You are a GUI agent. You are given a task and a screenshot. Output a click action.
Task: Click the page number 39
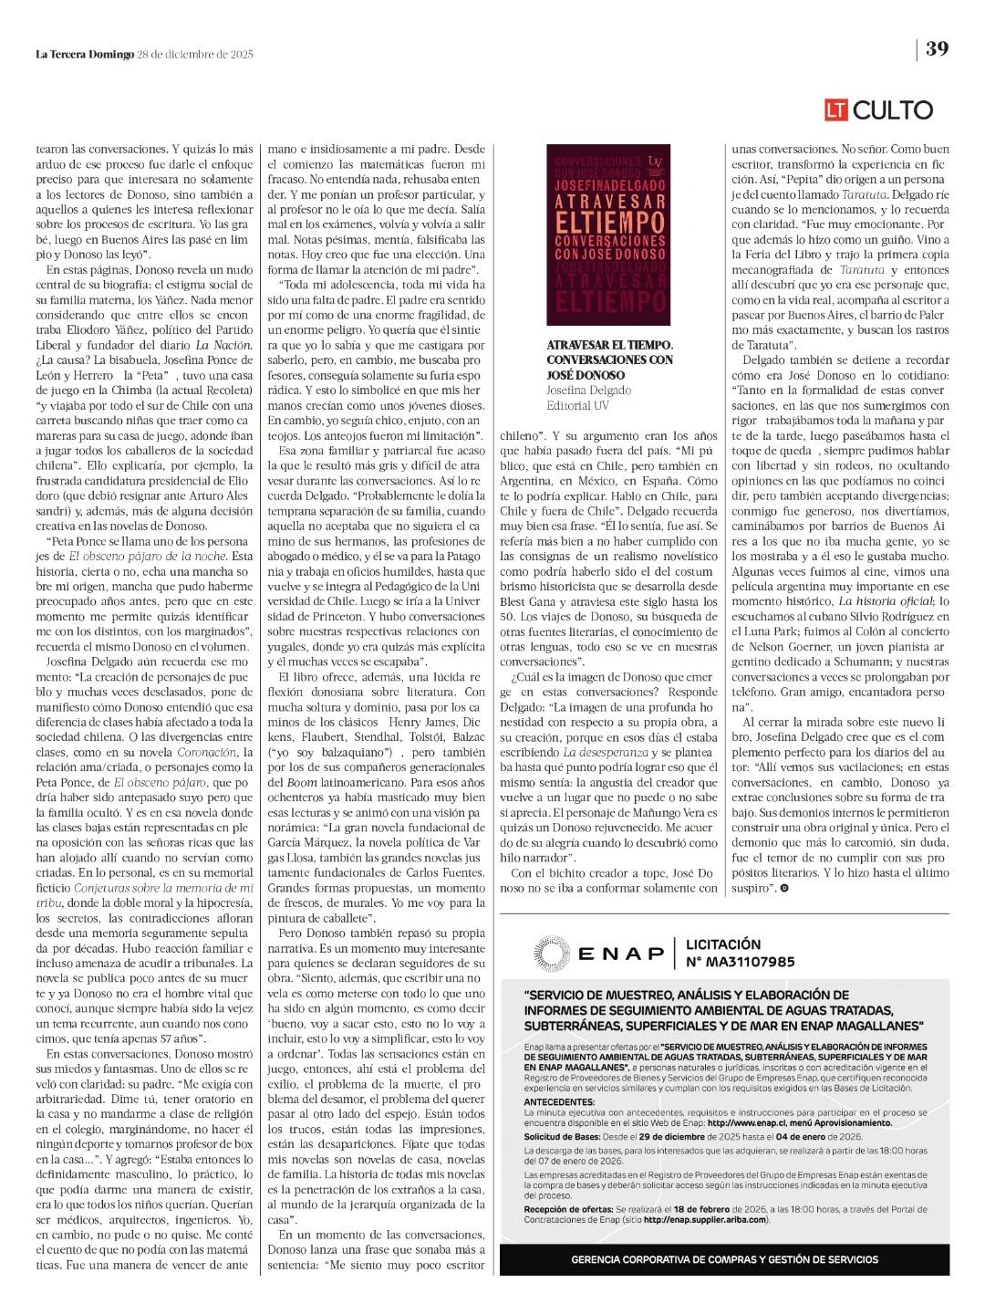tap(937, 49)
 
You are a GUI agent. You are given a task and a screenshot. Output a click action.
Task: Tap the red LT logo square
tap(836, 110)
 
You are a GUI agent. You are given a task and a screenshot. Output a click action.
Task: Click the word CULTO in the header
tap(892, 110)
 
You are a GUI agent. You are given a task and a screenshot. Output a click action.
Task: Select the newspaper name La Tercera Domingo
tap(85, 54)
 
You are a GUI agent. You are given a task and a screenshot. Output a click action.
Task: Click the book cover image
tap(608, 235)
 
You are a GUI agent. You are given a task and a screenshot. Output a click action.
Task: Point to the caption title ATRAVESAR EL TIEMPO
tap(609, 345)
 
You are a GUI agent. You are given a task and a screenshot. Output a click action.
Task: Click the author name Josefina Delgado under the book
tap(588, 391)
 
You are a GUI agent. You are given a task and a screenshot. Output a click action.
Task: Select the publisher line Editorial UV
tap(578, 405)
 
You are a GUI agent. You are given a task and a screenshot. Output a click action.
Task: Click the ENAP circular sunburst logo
tap(553, 954)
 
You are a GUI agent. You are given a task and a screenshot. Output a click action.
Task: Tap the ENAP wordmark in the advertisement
tap(622, 954)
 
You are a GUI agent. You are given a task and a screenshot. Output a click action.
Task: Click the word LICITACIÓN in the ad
tap(722, 944)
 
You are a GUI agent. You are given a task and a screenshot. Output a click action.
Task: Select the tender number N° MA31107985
tap(740, 962)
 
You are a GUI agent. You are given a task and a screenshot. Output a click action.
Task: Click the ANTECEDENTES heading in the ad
tap(559, 1101)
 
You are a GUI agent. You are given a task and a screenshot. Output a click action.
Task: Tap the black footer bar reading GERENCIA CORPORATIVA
tap(724, 1259)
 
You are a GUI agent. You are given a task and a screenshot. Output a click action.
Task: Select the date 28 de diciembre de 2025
tap(195, 54)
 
